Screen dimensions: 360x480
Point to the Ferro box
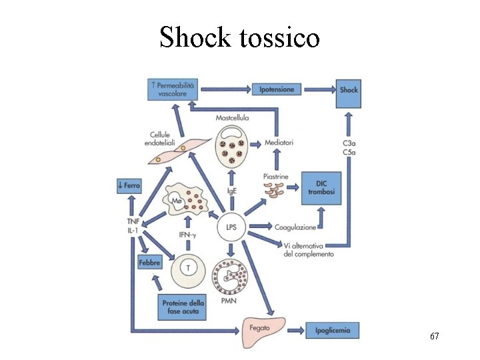click(128, 185)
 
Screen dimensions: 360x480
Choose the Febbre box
click(149, 263)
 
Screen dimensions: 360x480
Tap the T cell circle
click(189, 269)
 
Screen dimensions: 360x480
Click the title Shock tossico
click(239, 38)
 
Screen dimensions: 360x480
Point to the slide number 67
click(434, 337)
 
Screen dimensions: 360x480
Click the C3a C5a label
click(349, 147)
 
